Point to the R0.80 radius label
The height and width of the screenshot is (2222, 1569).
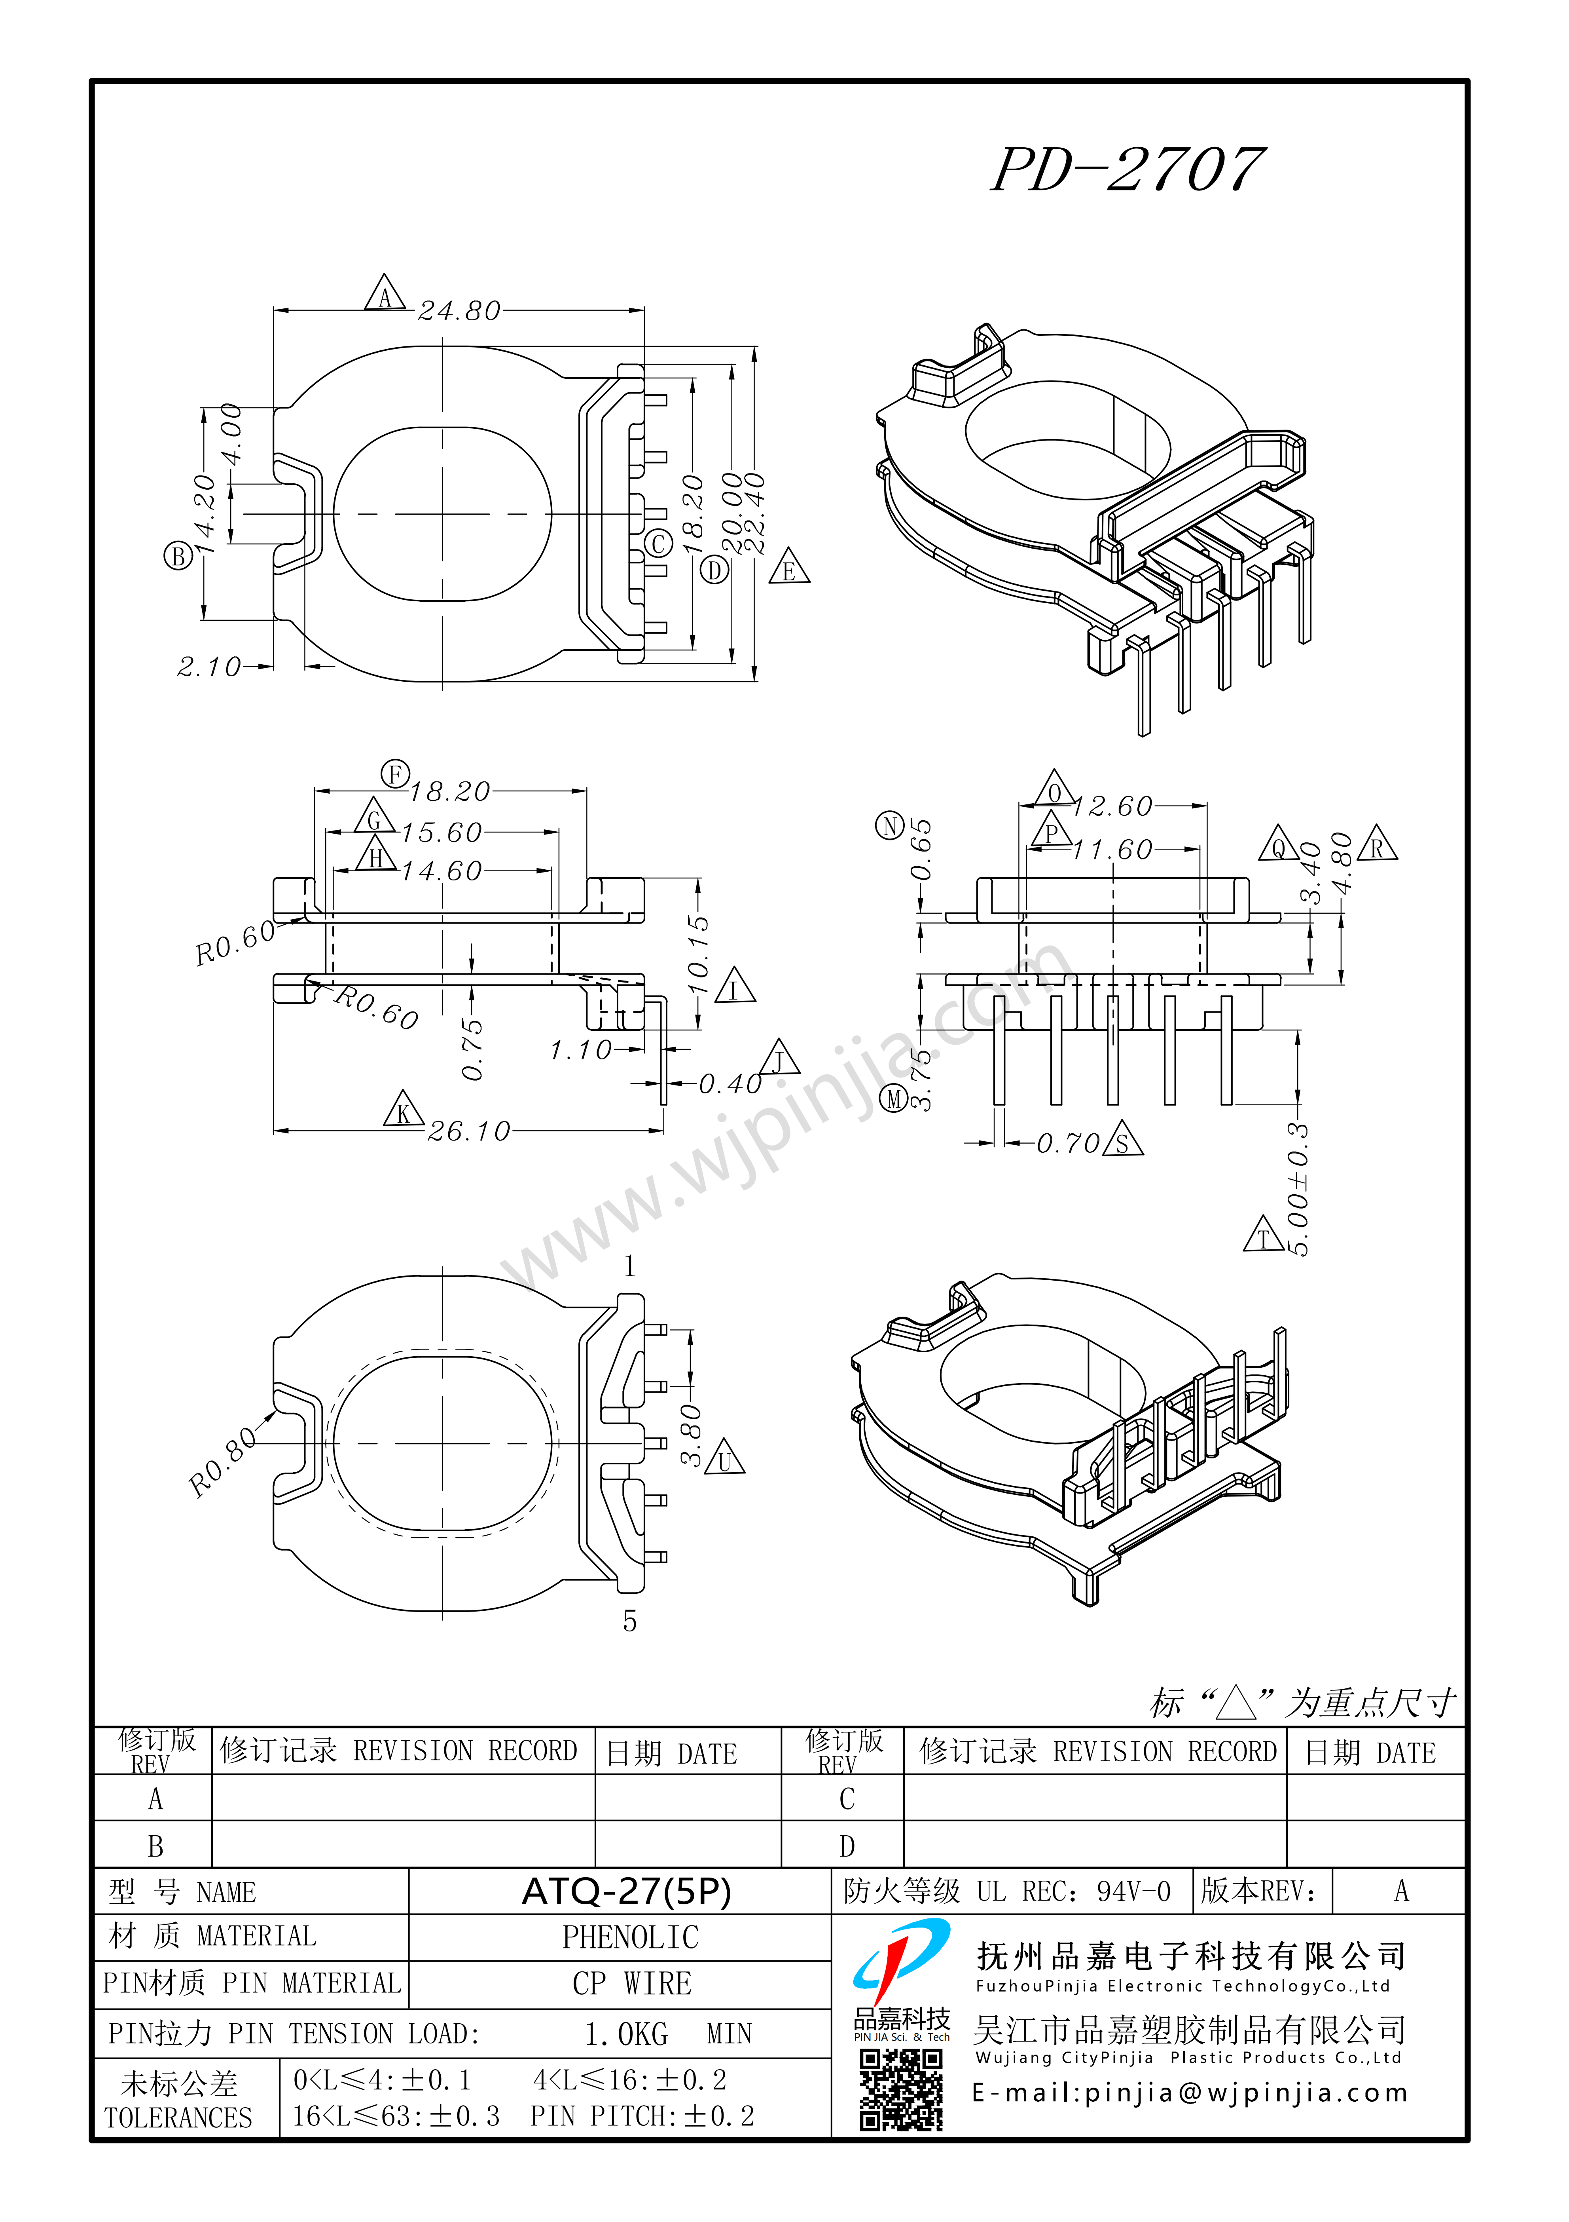[x=222, y=1461]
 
